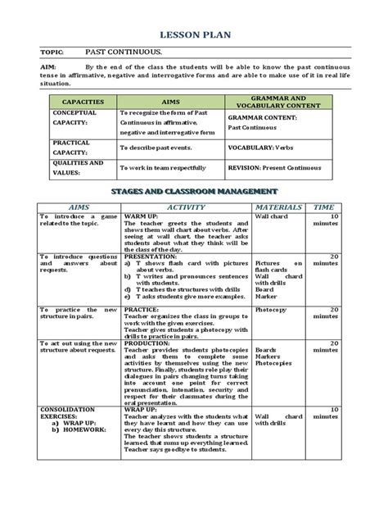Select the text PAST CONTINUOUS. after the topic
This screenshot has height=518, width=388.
(122, 51)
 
